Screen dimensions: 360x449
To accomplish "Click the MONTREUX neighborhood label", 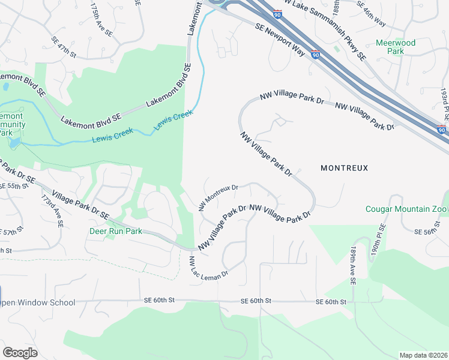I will [x=344, y=168].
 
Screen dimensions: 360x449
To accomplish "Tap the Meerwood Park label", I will [x=389, y=47].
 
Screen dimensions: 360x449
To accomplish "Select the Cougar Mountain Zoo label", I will [x=406, y=209].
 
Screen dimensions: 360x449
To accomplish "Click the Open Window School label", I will [x=38, y=302].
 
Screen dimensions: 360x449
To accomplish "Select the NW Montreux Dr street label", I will [x=218, y=197].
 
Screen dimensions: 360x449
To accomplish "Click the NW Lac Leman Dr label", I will [x=208, y=267].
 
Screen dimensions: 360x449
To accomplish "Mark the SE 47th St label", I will [x=64, y=47].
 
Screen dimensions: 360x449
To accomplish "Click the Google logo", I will [x=20, y=353].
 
